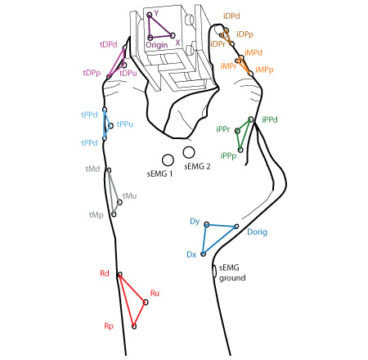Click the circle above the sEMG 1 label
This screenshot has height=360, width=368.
click(168, 160)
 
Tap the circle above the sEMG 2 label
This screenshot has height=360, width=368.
click(189, 152)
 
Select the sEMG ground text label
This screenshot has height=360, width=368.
click(232, 272)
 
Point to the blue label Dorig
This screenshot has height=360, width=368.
click(257, 232)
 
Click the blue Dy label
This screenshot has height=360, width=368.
click(195, 221)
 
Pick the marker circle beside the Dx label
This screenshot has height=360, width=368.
click(203, 254)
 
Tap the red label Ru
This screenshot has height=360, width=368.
click(155, 293)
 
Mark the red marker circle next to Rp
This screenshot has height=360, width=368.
click(134, 326)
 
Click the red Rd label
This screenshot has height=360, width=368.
click(105, 273)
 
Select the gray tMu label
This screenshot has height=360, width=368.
click(129, 196)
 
